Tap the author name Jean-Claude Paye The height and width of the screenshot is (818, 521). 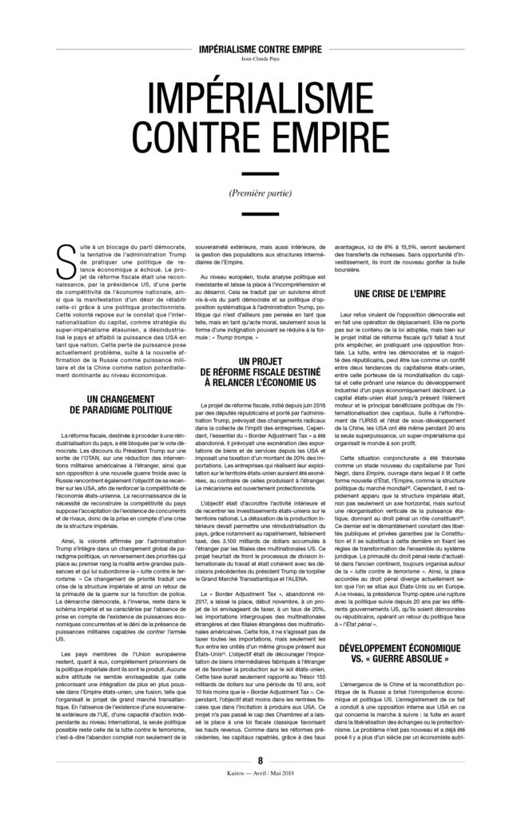tap(260, 58)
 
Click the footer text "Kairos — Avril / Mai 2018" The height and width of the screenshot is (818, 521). tap(260, 800)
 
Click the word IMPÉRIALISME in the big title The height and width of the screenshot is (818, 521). tap(260, 101)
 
